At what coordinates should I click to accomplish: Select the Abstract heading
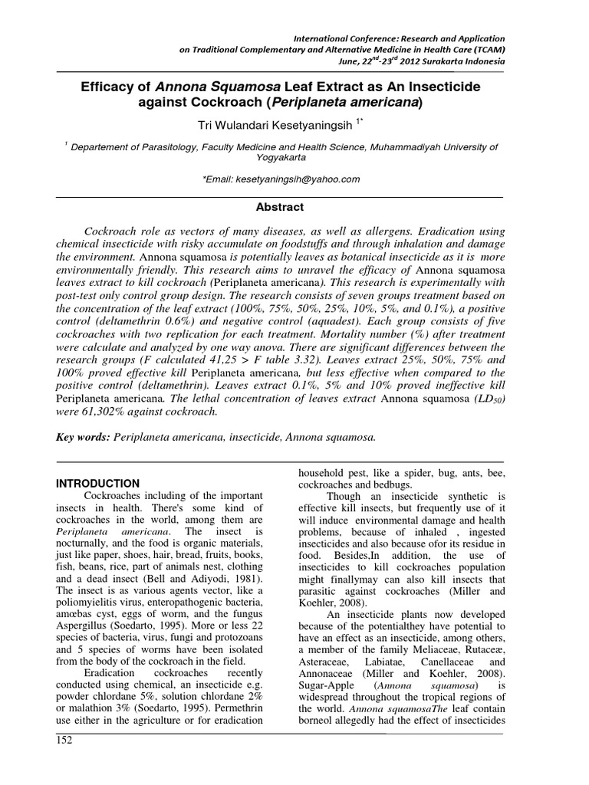(279, 207)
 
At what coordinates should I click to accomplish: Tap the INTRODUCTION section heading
(99, 483)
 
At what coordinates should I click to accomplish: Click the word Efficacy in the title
(106, 88)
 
